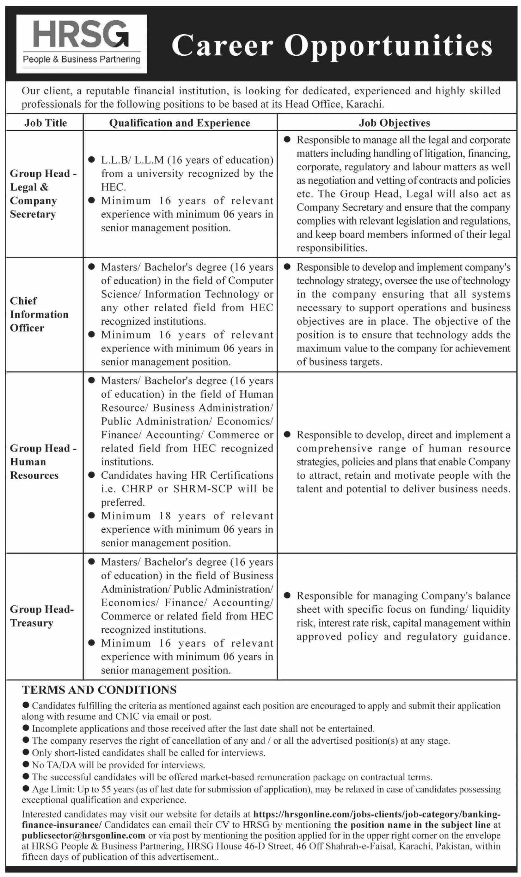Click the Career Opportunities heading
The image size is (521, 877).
(332, 46)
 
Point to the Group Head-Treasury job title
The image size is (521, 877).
(42, 616)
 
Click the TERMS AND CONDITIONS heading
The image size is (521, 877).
(99, 690)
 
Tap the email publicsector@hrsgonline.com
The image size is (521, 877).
(83, 835)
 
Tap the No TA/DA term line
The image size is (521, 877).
(118, 765)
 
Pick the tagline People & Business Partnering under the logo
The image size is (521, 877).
(82, 60)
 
